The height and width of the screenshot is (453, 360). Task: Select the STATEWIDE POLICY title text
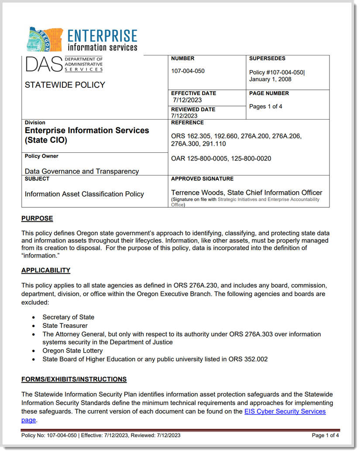[65, 85]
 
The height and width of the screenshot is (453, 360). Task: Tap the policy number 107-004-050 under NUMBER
[188, 71]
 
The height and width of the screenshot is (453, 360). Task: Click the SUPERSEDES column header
[267, 58]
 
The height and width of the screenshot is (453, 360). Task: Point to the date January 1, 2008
[270, 79]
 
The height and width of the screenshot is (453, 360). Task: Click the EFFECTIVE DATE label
[193, 93]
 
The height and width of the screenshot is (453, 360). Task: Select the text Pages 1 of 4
[266, 106]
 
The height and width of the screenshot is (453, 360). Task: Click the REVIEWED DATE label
[193, 110]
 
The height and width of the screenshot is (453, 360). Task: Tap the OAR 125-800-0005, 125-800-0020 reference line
[221, 158]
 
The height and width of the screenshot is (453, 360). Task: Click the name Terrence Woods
[198, 192]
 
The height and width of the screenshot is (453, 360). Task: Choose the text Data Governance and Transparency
[82, 172]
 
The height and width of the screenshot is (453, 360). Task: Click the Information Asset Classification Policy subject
[84, 194]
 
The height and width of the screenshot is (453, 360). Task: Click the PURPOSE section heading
[37, 218]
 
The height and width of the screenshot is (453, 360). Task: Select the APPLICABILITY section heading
[46, 270]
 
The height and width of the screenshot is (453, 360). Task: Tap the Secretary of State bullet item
[68, 317]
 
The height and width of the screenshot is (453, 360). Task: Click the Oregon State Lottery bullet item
[72, 350]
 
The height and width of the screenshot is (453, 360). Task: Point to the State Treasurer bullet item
[65, 326]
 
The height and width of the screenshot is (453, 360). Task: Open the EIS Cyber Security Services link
[285, 411]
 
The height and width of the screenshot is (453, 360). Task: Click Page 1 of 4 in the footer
[325, 435]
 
